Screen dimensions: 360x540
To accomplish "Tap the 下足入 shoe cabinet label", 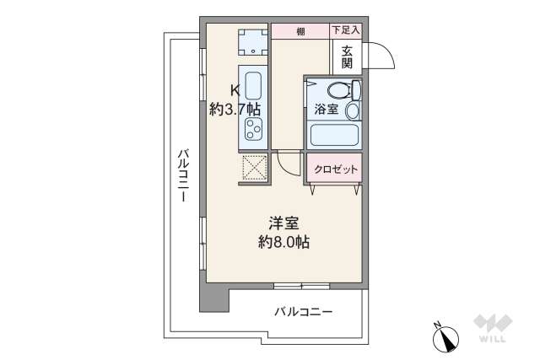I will click(344, 30).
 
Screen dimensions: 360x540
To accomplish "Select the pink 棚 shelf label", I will click(300, 31).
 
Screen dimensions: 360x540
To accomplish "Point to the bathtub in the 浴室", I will click(334, 136).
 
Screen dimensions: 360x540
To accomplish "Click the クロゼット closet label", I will click(335, 169).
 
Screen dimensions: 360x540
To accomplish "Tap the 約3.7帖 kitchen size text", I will click(235, 109).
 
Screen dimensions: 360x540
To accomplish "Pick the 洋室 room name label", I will click(283, 224).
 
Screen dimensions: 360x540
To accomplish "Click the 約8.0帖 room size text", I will click(283, 243).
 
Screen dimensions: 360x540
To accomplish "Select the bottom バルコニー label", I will click(303, 311).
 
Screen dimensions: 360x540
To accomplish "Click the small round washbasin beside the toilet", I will click(352, 110).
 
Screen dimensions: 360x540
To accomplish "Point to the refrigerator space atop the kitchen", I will click(253, 42).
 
